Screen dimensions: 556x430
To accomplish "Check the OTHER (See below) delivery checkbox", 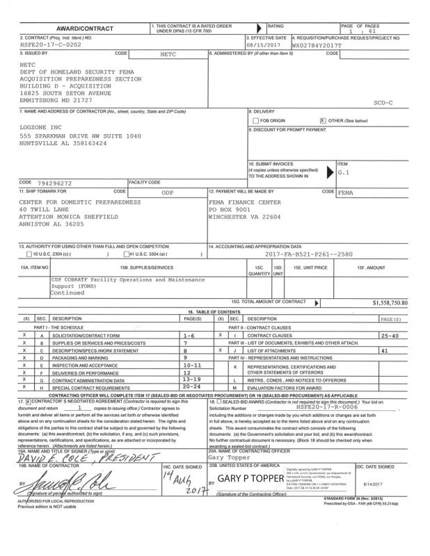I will point(321,121).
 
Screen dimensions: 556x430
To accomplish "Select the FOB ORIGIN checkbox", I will point(255,121).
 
